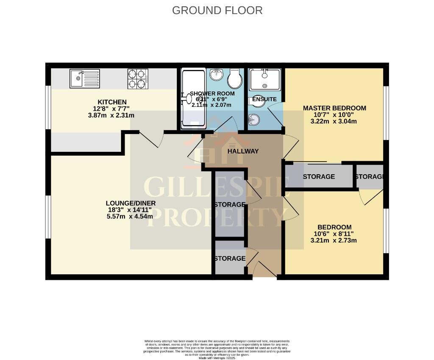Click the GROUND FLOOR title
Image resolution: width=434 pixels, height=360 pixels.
click(x=217, y=10)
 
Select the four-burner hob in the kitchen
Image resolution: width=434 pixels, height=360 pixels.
click(x=138, y=78)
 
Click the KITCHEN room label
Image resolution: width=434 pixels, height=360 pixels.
click(x=112, y=102)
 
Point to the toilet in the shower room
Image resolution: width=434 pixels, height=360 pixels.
click(x=234, y=78)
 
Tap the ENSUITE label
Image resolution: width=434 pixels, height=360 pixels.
click(x=264, y=99)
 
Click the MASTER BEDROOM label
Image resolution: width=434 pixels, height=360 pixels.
click(x=334, y=108)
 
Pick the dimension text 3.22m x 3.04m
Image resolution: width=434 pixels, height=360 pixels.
click(x=334, y=121)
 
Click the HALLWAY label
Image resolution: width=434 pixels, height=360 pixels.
click(x=243, y=151)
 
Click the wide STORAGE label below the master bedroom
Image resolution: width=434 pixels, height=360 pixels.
click(x=319, y=177)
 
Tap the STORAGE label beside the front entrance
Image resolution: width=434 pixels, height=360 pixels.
click(x=229, y=259)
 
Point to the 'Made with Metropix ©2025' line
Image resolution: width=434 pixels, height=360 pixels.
click(x=217, y=358)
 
